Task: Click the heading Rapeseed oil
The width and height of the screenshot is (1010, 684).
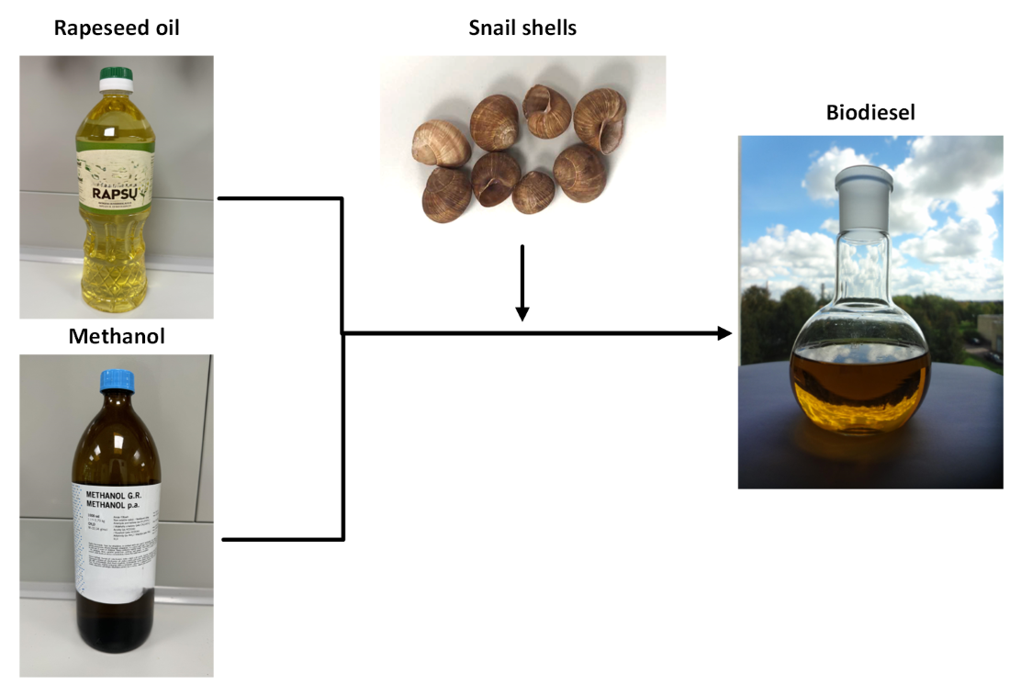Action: click(117, 28)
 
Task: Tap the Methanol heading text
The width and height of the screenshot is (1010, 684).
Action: click(117, 336)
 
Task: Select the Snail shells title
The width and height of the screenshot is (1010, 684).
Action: click(522, 28)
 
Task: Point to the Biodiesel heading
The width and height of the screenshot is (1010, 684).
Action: click(870, 113)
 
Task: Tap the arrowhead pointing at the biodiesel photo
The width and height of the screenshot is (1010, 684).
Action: click(724, 333)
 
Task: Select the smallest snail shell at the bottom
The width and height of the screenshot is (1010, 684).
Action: click(533, 191)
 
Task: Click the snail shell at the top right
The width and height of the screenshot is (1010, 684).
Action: click(600, 118)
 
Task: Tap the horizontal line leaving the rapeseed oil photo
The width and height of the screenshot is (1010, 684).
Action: click(279, 197)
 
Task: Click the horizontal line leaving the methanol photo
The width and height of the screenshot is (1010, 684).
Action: click(283, 539)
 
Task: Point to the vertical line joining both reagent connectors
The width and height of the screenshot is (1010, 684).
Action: click(342, 367)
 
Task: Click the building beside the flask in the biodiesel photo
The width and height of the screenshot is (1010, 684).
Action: click(989, 340)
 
